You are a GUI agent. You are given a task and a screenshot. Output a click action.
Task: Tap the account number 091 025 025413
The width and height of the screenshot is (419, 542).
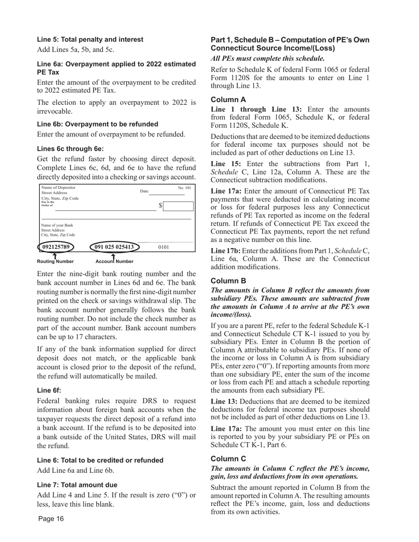tap(114, 247)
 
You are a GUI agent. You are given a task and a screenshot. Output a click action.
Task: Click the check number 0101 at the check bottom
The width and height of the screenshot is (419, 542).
tap(164, 248)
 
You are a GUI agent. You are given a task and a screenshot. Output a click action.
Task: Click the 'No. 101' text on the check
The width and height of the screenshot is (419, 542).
tap(184, 188)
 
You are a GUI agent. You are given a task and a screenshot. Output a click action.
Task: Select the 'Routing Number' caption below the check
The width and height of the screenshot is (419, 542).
tap(55, 261)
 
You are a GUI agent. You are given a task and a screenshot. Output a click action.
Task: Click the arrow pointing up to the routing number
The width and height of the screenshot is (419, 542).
tap(54, 255)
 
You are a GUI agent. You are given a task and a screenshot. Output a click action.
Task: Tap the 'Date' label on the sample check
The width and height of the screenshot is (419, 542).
tap(144, 191)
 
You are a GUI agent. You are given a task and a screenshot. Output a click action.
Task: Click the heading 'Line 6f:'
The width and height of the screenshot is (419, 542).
tap(49, 390)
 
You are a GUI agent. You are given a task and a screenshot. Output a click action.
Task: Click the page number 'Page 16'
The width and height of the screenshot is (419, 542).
tap(51, 519)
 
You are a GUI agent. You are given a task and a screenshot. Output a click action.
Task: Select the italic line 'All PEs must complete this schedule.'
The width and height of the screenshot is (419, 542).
tap(268, 58)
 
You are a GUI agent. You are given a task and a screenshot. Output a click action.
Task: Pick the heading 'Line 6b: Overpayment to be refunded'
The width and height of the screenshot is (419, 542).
tap(97, 124)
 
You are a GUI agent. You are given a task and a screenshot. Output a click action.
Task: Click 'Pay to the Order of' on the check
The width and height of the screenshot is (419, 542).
tap(48, 204)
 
